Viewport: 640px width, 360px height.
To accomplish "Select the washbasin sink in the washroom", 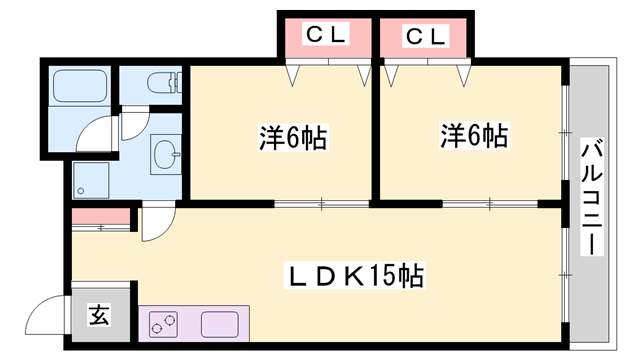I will (x=166, y=154).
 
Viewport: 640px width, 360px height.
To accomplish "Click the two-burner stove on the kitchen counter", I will (x=164, y=325).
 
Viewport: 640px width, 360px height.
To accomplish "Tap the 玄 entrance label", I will (x=99, y=316).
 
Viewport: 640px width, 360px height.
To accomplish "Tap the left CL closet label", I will (x=325, y=36).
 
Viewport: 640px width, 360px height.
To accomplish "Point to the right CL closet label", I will (x=424, y=36).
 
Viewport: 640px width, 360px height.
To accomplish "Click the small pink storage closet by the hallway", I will (x=101, y=216).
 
